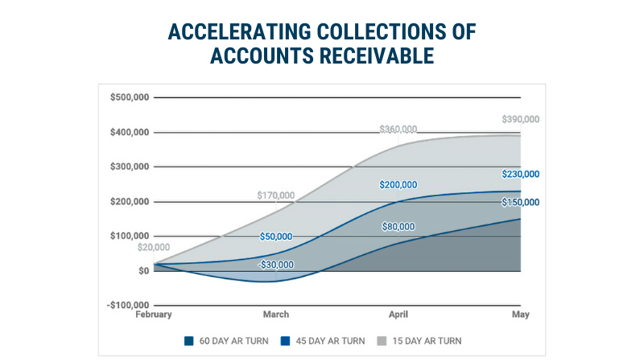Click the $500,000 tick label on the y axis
pos(129,97)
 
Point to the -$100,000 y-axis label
pos(128,305)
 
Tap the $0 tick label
pos(142,270)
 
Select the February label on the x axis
pos(153,315)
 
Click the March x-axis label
pos(275,315)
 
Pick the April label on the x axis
pos(398,315)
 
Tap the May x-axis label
pos(520,315)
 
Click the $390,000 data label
pos(519,119)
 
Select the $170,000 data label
pos(275,195)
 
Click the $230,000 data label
pos(519,174)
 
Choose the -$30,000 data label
pos(275,265)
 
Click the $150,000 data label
pos(519,202)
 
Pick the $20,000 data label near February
pos(153,248)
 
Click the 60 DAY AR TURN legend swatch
pos(189,340)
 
